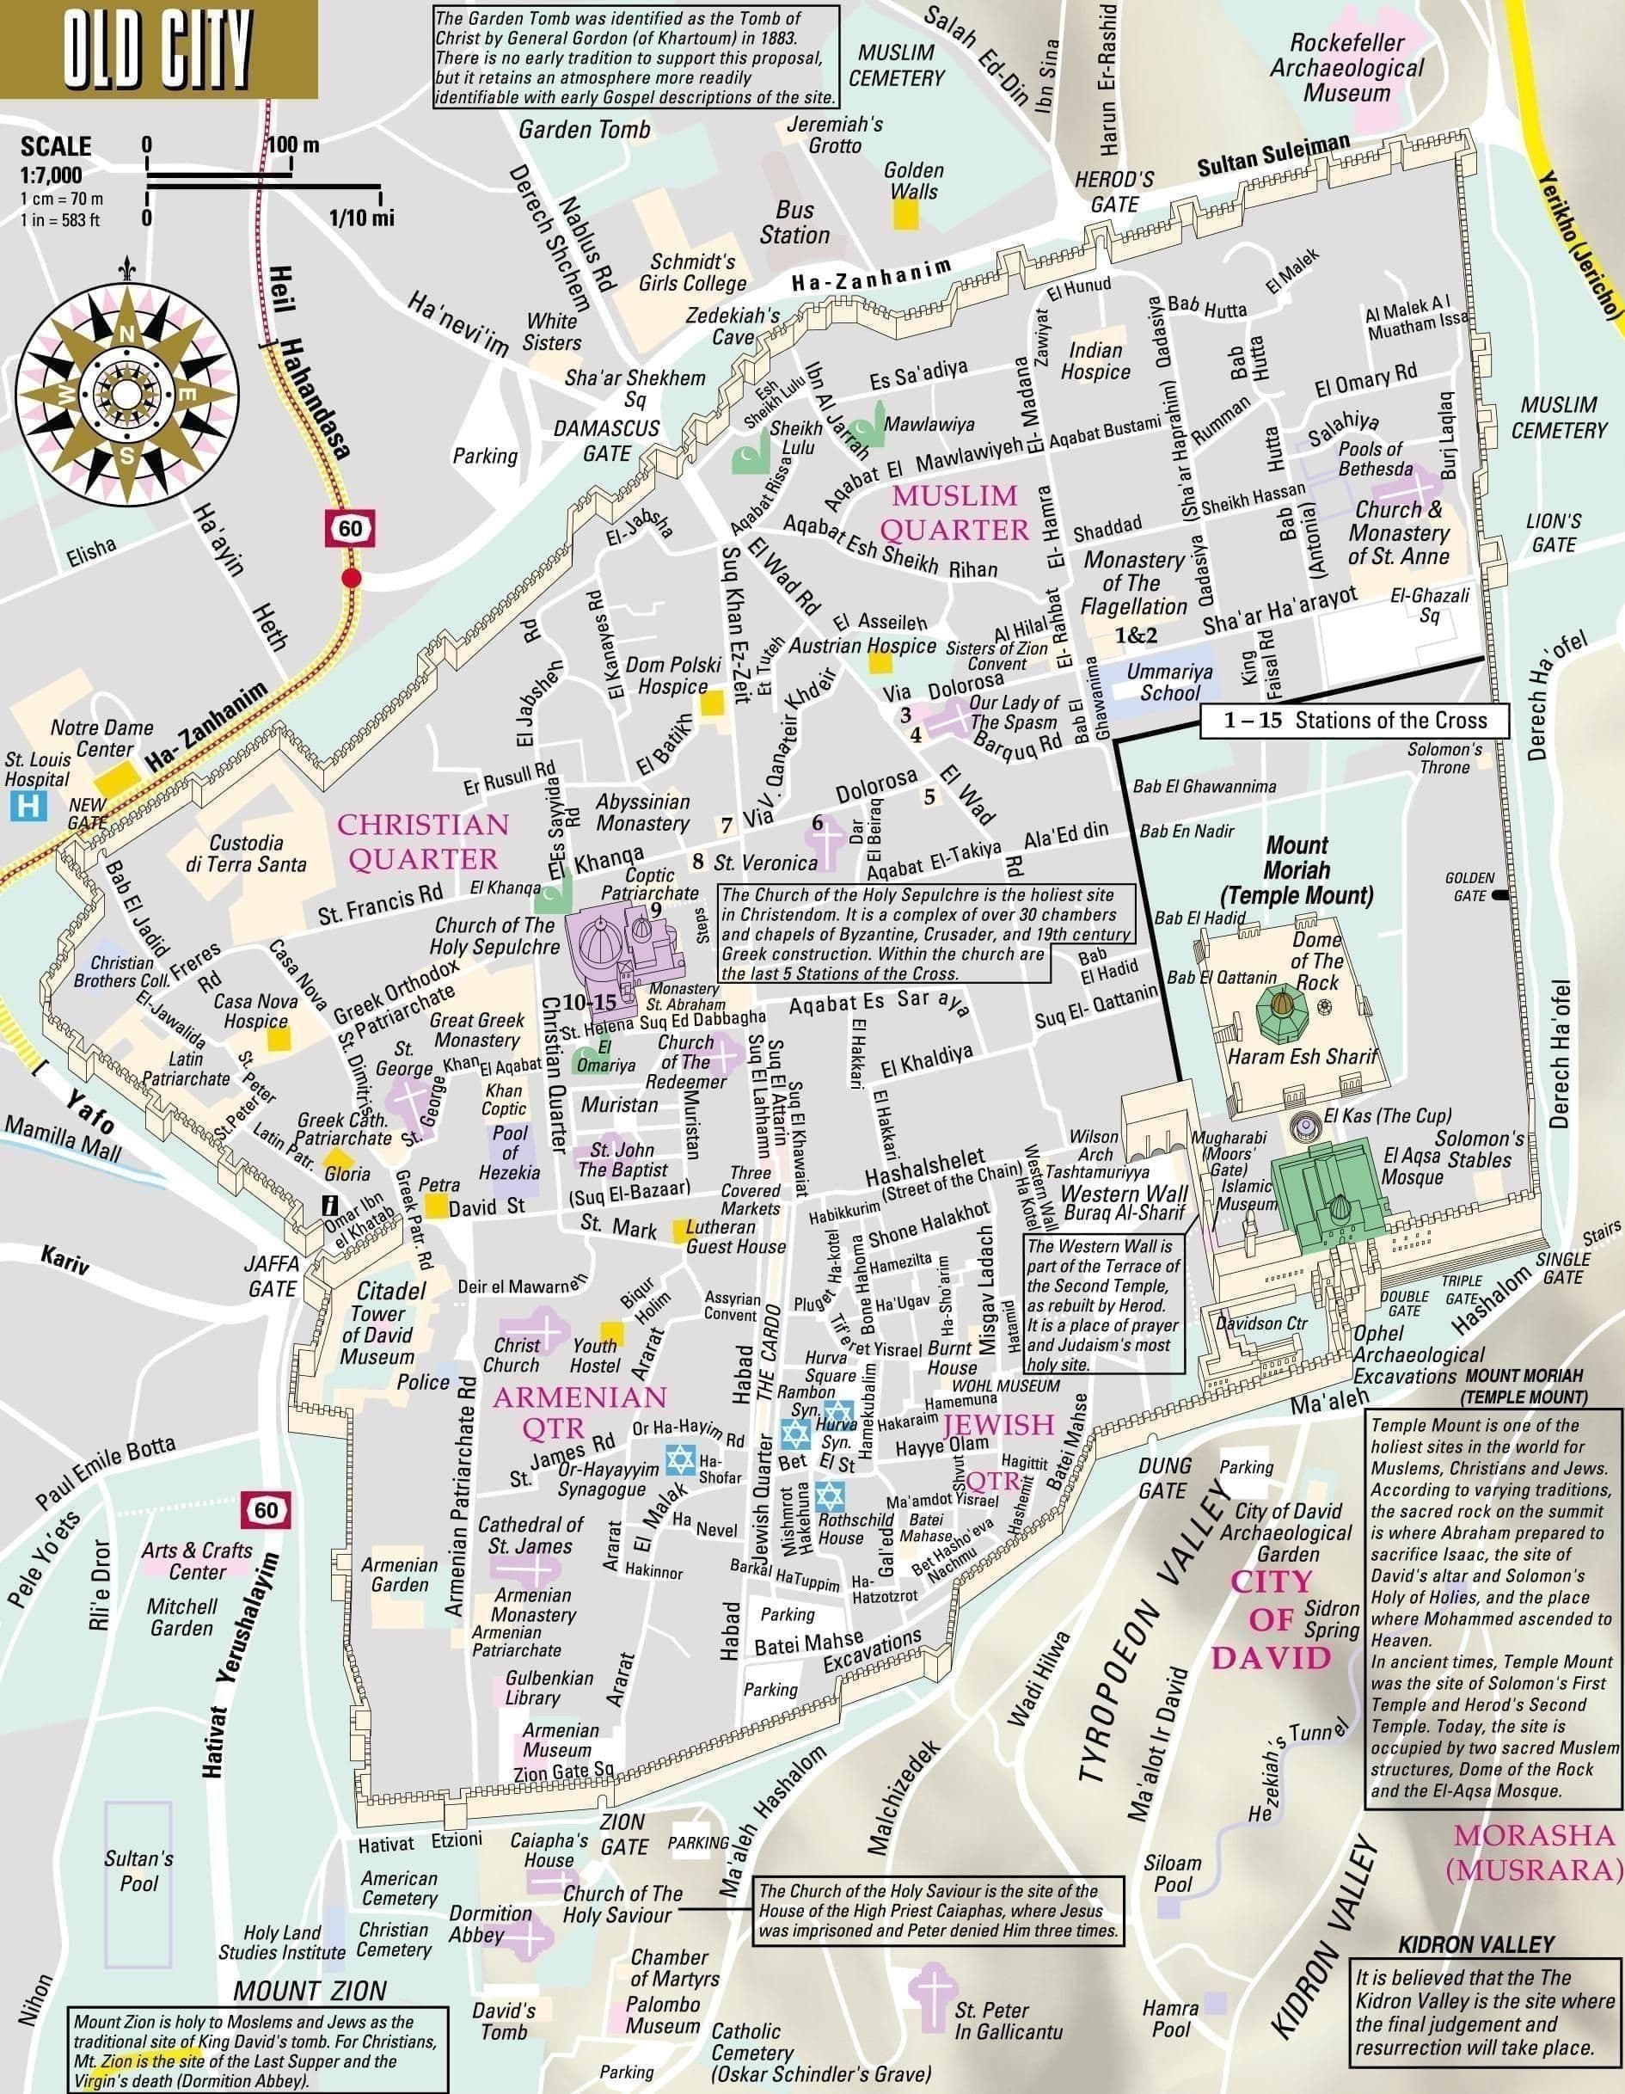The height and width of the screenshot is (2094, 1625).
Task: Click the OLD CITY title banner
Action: [158, 47]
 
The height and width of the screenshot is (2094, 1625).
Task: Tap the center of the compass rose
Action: [126, 392]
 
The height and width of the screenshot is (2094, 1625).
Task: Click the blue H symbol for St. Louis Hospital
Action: [28, 806]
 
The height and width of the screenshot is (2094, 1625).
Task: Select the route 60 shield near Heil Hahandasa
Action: [349, 528]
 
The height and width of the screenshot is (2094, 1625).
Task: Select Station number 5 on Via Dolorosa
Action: [928, 795]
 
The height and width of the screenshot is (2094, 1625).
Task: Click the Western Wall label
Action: [1125, 1194]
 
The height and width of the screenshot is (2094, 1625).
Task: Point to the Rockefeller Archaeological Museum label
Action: [1346, 68]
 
